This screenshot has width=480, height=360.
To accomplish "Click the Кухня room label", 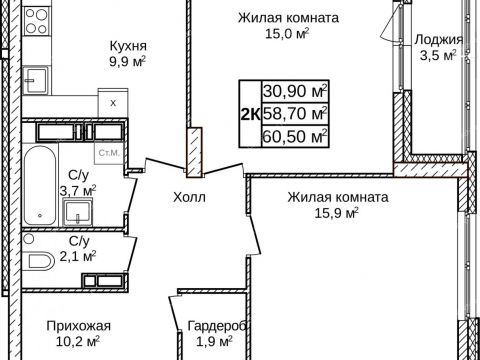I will pyautogui.click(x=128, y=46).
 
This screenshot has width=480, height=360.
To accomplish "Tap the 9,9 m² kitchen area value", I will pyautogui.click(x=128, y=62).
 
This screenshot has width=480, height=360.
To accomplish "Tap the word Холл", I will pyautogui.click(x=189, y=198).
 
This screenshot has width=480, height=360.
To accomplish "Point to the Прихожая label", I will pyautogui.click(x=78, y=325).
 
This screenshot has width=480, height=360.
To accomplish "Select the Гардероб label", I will pyautogui.click(x=216, y=325).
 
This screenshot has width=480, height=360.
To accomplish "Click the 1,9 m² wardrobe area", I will pyautogui.click(x=216, y=341).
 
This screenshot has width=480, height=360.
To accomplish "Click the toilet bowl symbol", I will pyautogui.click(x=40, y=263).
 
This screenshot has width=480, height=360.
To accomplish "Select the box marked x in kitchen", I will pyautogui.click(x=112, y=103).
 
